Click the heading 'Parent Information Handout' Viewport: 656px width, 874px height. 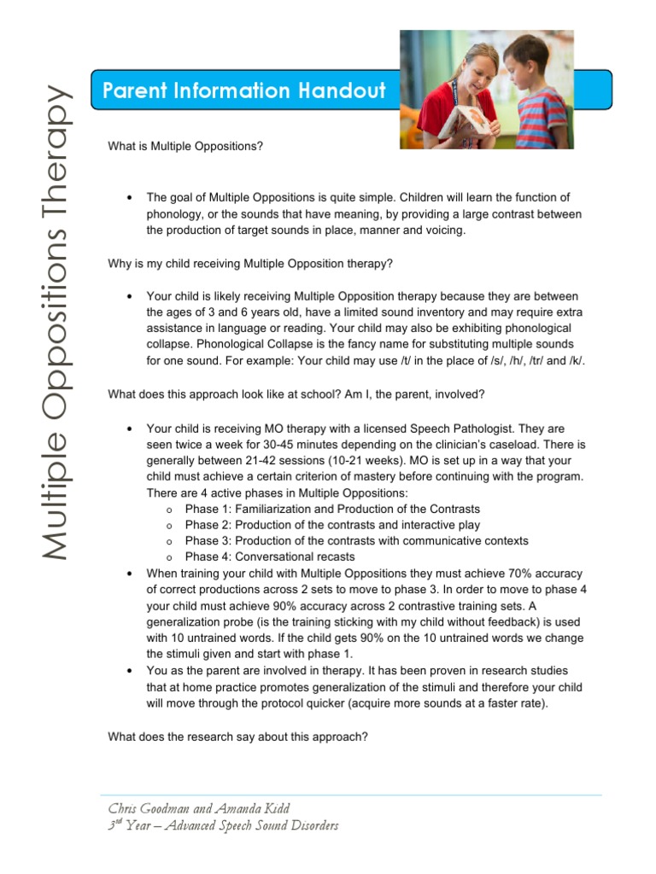(x=243, y=90)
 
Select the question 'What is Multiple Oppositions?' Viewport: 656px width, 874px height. (x=185, y=146)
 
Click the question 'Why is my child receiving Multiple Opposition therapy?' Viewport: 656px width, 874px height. (x=250, y=264)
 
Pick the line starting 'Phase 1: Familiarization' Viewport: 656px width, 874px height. (x=332, y=510)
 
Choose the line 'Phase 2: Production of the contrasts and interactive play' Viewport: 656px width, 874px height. (x=332, y=525)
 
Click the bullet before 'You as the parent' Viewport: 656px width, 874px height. (x=128, y=671)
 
